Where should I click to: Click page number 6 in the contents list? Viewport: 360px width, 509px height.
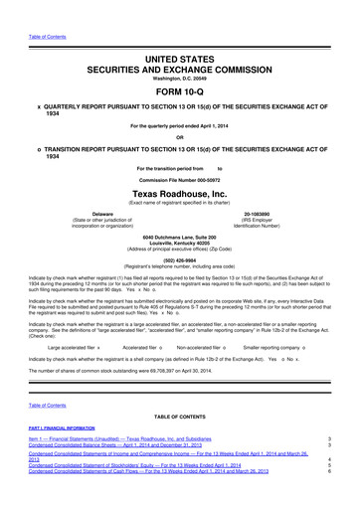[329, 500]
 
